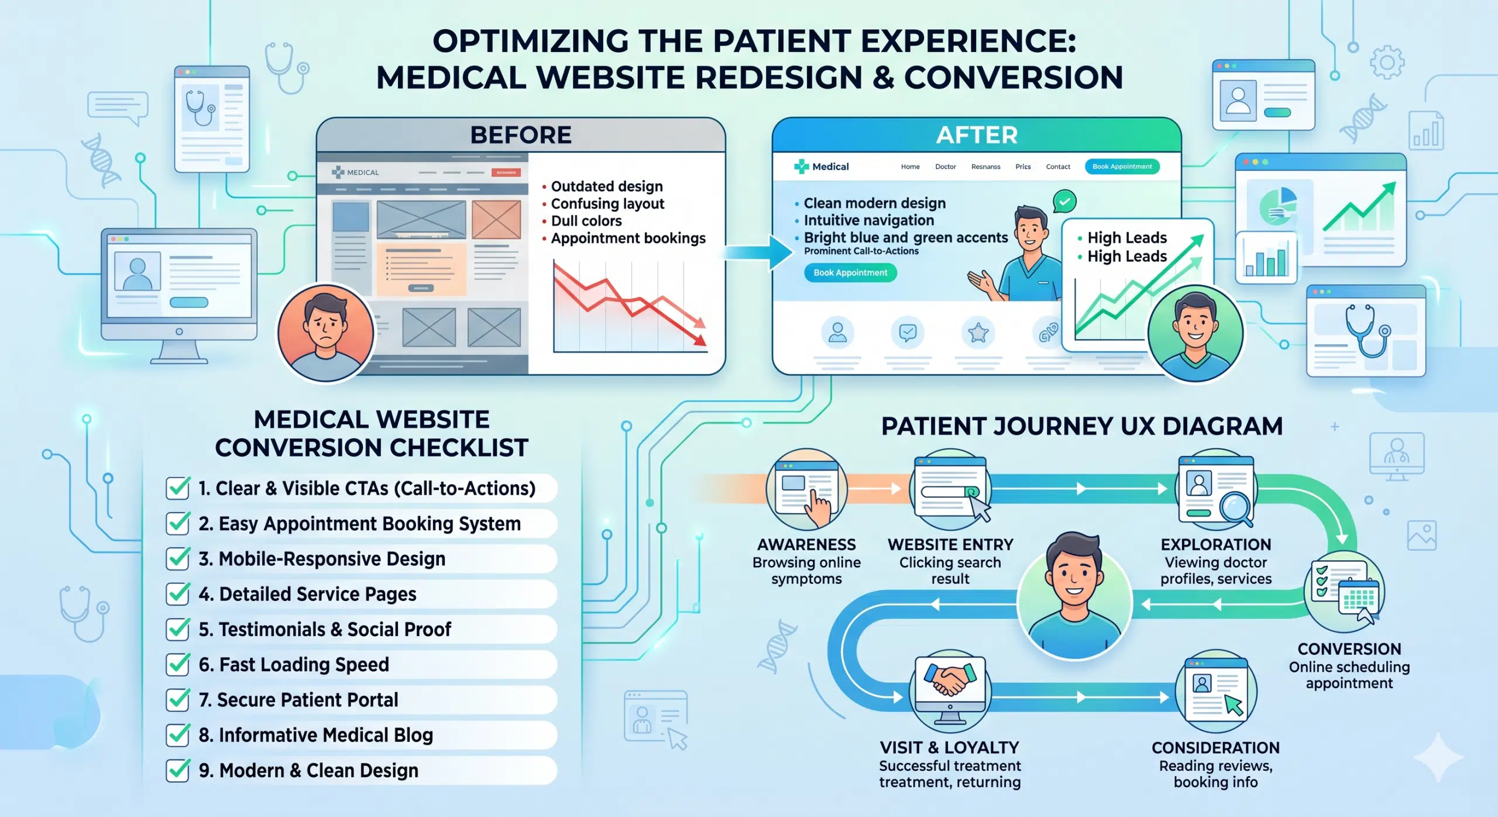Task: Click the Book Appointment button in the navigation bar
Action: (1122, 167)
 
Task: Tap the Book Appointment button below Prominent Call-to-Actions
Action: (850, 273)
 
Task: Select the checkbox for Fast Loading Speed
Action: (177, 664)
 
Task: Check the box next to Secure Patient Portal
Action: (177, 699)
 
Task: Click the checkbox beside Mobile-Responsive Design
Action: (177, 559)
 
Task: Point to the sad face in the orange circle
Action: (325, 332)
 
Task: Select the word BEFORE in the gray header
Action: (521, 135)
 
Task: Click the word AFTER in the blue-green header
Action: (977, 135)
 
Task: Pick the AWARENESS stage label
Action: (806, 545)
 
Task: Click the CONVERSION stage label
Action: (1349, 649)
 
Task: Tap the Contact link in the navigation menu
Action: (1058, 167)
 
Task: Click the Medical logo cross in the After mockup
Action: (800, 167)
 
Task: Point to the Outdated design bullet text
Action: (607, 186)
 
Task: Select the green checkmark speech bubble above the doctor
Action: (1064, 201)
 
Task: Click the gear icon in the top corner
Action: (1387, 63)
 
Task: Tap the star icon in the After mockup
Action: (978, 333)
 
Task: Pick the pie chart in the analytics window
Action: (1279, 206)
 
